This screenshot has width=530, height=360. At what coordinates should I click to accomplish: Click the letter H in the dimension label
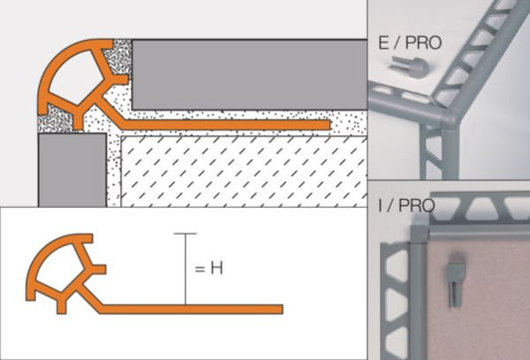217,269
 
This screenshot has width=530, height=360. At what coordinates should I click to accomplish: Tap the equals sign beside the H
200,270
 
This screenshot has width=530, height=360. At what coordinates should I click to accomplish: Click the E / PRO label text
410,43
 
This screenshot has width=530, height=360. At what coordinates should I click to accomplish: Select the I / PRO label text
407,205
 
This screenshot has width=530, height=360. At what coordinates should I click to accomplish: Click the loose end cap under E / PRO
410,67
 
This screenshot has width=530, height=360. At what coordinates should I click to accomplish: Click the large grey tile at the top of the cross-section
250,75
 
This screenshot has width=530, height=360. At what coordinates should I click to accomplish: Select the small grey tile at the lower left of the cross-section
73,170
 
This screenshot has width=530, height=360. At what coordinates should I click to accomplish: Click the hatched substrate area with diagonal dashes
244,172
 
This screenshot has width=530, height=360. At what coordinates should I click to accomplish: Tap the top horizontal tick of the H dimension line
185,234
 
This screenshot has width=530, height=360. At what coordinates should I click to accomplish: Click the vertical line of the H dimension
185,270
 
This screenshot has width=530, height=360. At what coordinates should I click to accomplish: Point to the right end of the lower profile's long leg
282,309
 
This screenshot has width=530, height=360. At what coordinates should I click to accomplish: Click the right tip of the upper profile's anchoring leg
329,124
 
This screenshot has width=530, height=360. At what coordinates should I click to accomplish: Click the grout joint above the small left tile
55,119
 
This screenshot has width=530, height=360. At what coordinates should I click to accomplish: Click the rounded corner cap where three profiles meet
449,119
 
